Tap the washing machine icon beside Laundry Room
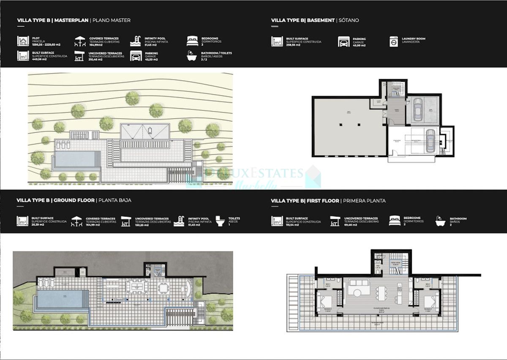click(x=393, y=41)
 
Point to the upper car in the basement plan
click(x=418, y=110)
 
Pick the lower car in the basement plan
click(x=430, y=141)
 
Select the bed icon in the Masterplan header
click(x=192, y=41)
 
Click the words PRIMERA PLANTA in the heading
click(x=364, y=201)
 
